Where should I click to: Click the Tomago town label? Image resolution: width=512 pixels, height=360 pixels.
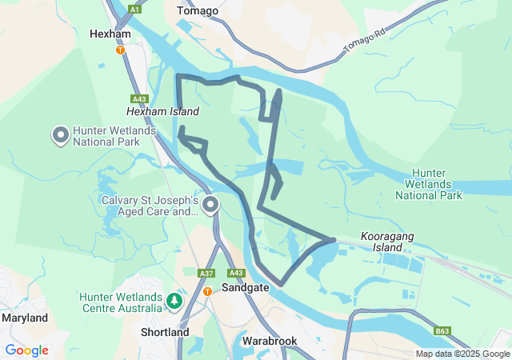[197, 10]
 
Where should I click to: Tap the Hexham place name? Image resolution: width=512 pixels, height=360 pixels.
[110, 34]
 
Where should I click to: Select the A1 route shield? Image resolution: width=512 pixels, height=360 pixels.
[134, 10]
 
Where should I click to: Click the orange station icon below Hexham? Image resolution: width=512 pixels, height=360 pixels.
[120, 50]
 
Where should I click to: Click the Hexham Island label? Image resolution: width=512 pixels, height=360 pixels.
[162, 112]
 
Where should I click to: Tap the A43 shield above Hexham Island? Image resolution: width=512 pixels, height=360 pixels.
[140, 98]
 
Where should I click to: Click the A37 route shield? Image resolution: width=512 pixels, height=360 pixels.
[206, 273]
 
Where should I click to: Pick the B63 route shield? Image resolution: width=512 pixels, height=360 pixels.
[442, 331]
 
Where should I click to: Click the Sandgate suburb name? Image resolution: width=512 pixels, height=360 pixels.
[246, 286]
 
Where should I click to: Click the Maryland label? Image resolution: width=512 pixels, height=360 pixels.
[24, 318]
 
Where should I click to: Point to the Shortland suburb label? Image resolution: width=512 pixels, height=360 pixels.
[165, 332]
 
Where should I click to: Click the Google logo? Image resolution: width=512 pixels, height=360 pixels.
[26, 350]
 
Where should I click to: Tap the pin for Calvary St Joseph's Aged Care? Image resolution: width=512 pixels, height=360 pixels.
[210, 206]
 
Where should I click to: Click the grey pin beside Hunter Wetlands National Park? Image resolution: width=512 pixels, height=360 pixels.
[61, 136]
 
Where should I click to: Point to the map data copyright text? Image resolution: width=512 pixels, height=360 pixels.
[462, 354]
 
